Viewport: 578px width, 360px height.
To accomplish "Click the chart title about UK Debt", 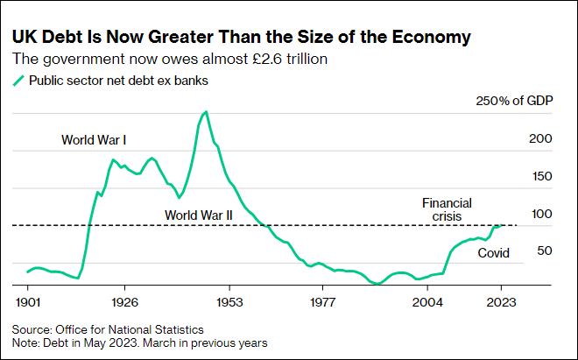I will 241,38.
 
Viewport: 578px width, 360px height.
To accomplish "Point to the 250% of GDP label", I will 514,102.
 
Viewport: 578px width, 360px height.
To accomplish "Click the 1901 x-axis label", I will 29,300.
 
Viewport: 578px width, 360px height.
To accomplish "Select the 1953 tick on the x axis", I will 229,300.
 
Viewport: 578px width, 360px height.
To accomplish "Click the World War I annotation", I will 95,139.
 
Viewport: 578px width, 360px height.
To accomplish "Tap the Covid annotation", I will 493,253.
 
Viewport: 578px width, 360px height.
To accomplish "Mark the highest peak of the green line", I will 206,112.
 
